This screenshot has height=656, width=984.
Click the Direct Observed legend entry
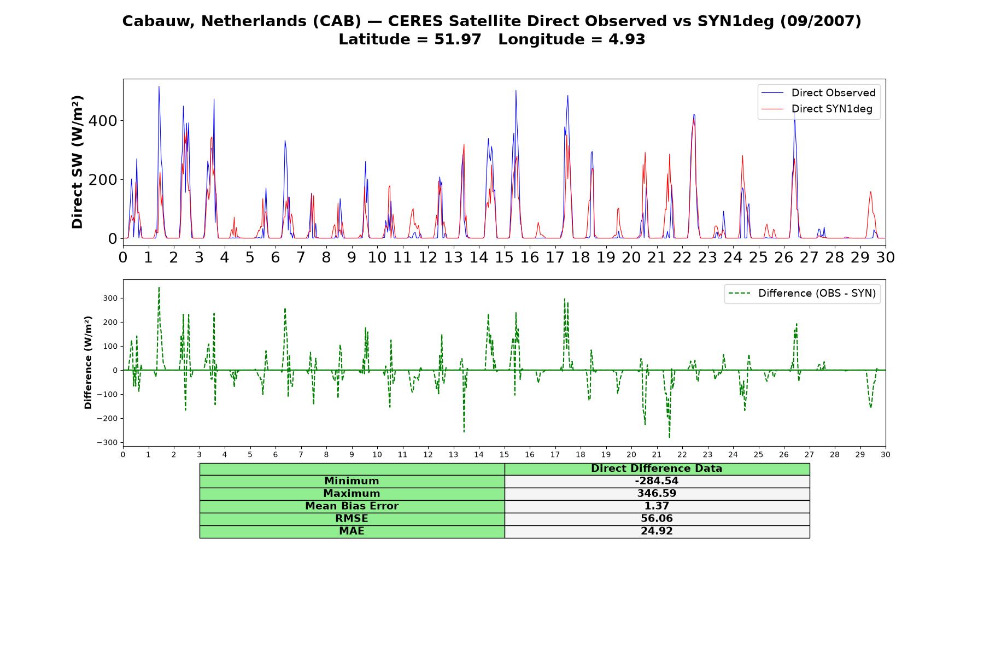[x=818, y=93]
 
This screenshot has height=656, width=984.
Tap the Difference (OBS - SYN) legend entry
[x=802, y=294]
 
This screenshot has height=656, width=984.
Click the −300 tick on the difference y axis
[x=107, y=442]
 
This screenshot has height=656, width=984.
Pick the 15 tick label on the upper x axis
[x=504, y=257]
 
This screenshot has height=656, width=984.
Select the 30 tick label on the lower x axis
[x=886, y=454]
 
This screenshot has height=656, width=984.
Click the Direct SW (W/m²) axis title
[x=78, y=162]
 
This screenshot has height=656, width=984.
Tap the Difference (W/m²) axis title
[x=88, y=362]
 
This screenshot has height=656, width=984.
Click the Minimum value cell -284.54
[x=657, y=481]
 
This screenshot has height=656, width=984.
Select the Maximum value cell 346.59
[x=657, y=494]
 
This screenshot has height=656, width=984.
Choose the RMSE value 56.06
[x=657, y=519]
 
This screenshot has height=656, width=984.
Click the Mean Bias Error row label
[x=352, y=506]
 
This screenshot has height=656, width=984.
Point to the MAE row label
[x=352, y=531]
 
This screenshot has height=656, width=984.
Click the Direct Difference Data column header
[x=657, y=468]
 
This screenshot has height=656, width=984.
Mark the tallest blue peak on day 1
[x=159, y=86]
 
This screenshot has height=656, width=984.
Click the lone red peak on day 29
[x=870, y=192]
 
